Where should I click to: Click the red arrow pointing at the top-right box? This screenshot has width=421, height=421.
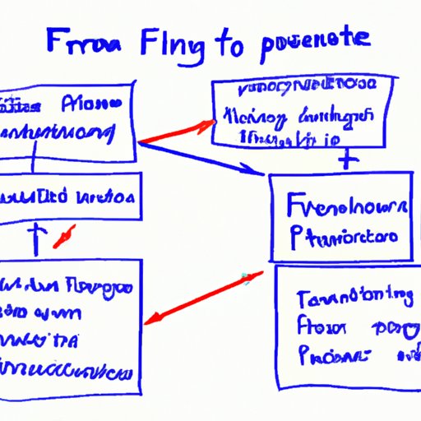coord(173,132)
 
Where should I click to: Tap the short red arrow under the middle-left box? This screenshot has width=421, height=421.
coord(65,236)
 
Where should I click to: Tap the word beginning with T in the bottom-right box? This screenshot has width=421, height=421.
coord(353,296)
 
